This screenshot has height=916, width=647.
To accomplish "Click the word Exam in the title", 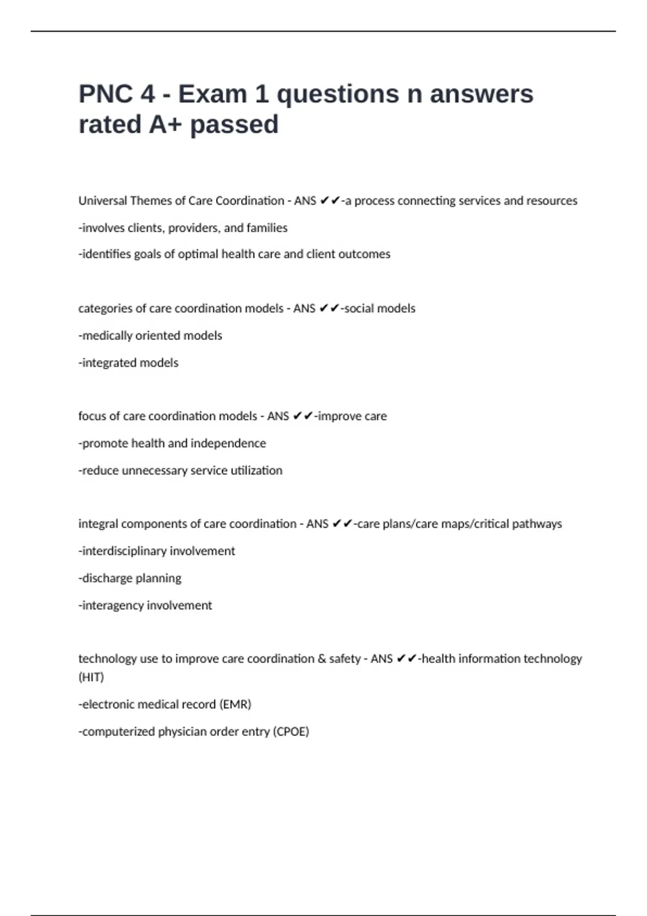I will click(212, 94).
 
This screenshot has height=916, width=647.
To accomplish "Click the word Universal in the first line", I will click(102, 201).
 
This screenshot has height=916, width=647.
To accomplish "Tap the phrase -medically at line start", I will click(106, 336).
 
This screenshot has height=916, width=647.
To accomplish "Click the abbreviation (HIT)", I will click(91, 677).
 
